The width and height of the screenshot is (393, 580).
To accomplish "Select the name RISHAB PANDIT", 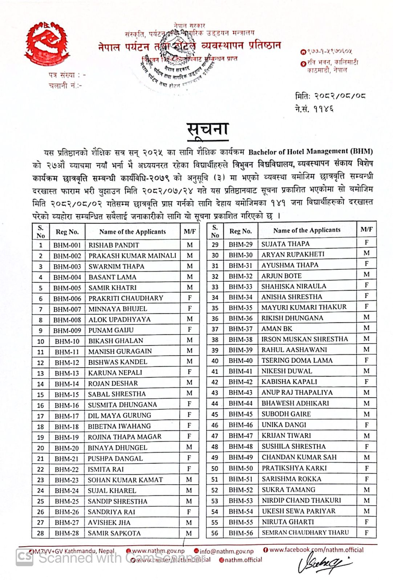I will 114,245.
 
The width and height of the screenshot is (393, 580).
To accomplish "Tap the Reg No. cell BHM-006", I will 67,298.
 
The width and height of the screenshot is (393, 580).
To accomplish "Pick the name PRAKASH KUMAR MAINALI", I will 132,256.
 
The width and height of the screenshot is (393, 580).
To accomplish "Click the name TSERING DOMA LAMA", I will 297,360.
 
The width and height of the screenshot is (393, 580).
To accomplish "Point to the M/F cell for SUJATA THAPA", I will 366,243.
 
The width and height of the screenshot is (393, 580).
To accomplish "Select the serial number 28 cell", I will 41,533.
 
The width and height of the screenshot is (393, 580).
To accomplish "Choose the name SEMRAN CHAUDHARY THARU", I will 305,533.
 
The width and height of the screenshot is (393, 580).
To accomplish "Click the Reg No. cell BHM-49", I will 240,457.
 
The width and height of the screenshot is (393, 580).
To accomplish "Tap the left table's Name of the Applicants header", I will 132,232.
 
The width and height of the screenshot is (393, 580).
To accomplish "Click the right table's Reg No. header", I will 240,231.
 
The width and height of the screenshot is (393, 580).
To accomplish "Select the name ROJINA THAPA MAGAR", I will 124,437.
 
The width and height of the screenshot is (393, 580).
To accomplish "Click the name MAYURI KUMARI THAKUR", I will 304,307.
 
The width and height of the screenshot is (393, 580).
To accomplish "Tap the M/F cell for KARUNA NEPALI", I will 190,372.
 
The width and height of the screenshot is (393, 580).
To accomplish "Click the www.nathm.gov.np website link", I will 158,551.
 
